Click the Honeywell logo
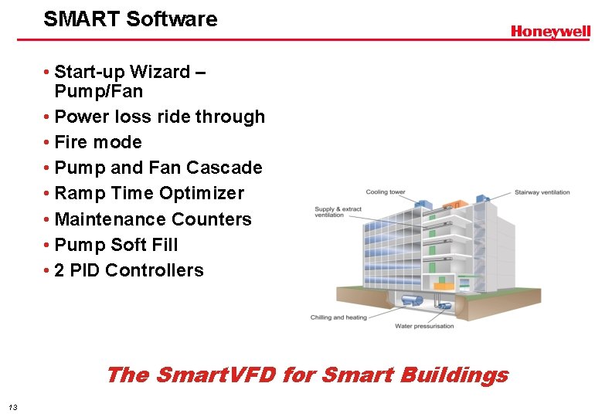(x=550, y=32)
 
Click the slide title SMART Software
(x=131, y=19)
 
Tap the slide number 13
(x=12, y=407)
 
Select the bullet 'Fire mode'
(x=98, y=142)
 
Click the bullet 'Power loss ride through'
(x=159, y=117)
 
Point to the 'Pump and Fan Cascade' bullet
(x=158, y=168)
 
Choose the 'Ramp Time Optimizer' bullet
(x=149, y=193)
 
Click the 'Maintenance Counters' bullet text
(x=153, y=219)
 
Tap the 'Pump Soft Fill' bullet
(x=116, y=245)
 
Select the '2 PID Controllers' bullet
(x=129, y=270)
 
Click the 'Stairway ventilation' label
(x=543, y=192)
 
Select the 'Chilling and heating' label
(x=338, y=317)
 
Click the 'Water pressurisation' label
(x=424, y=326)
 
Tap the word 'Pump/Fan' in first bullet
(x=99, y=91)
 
